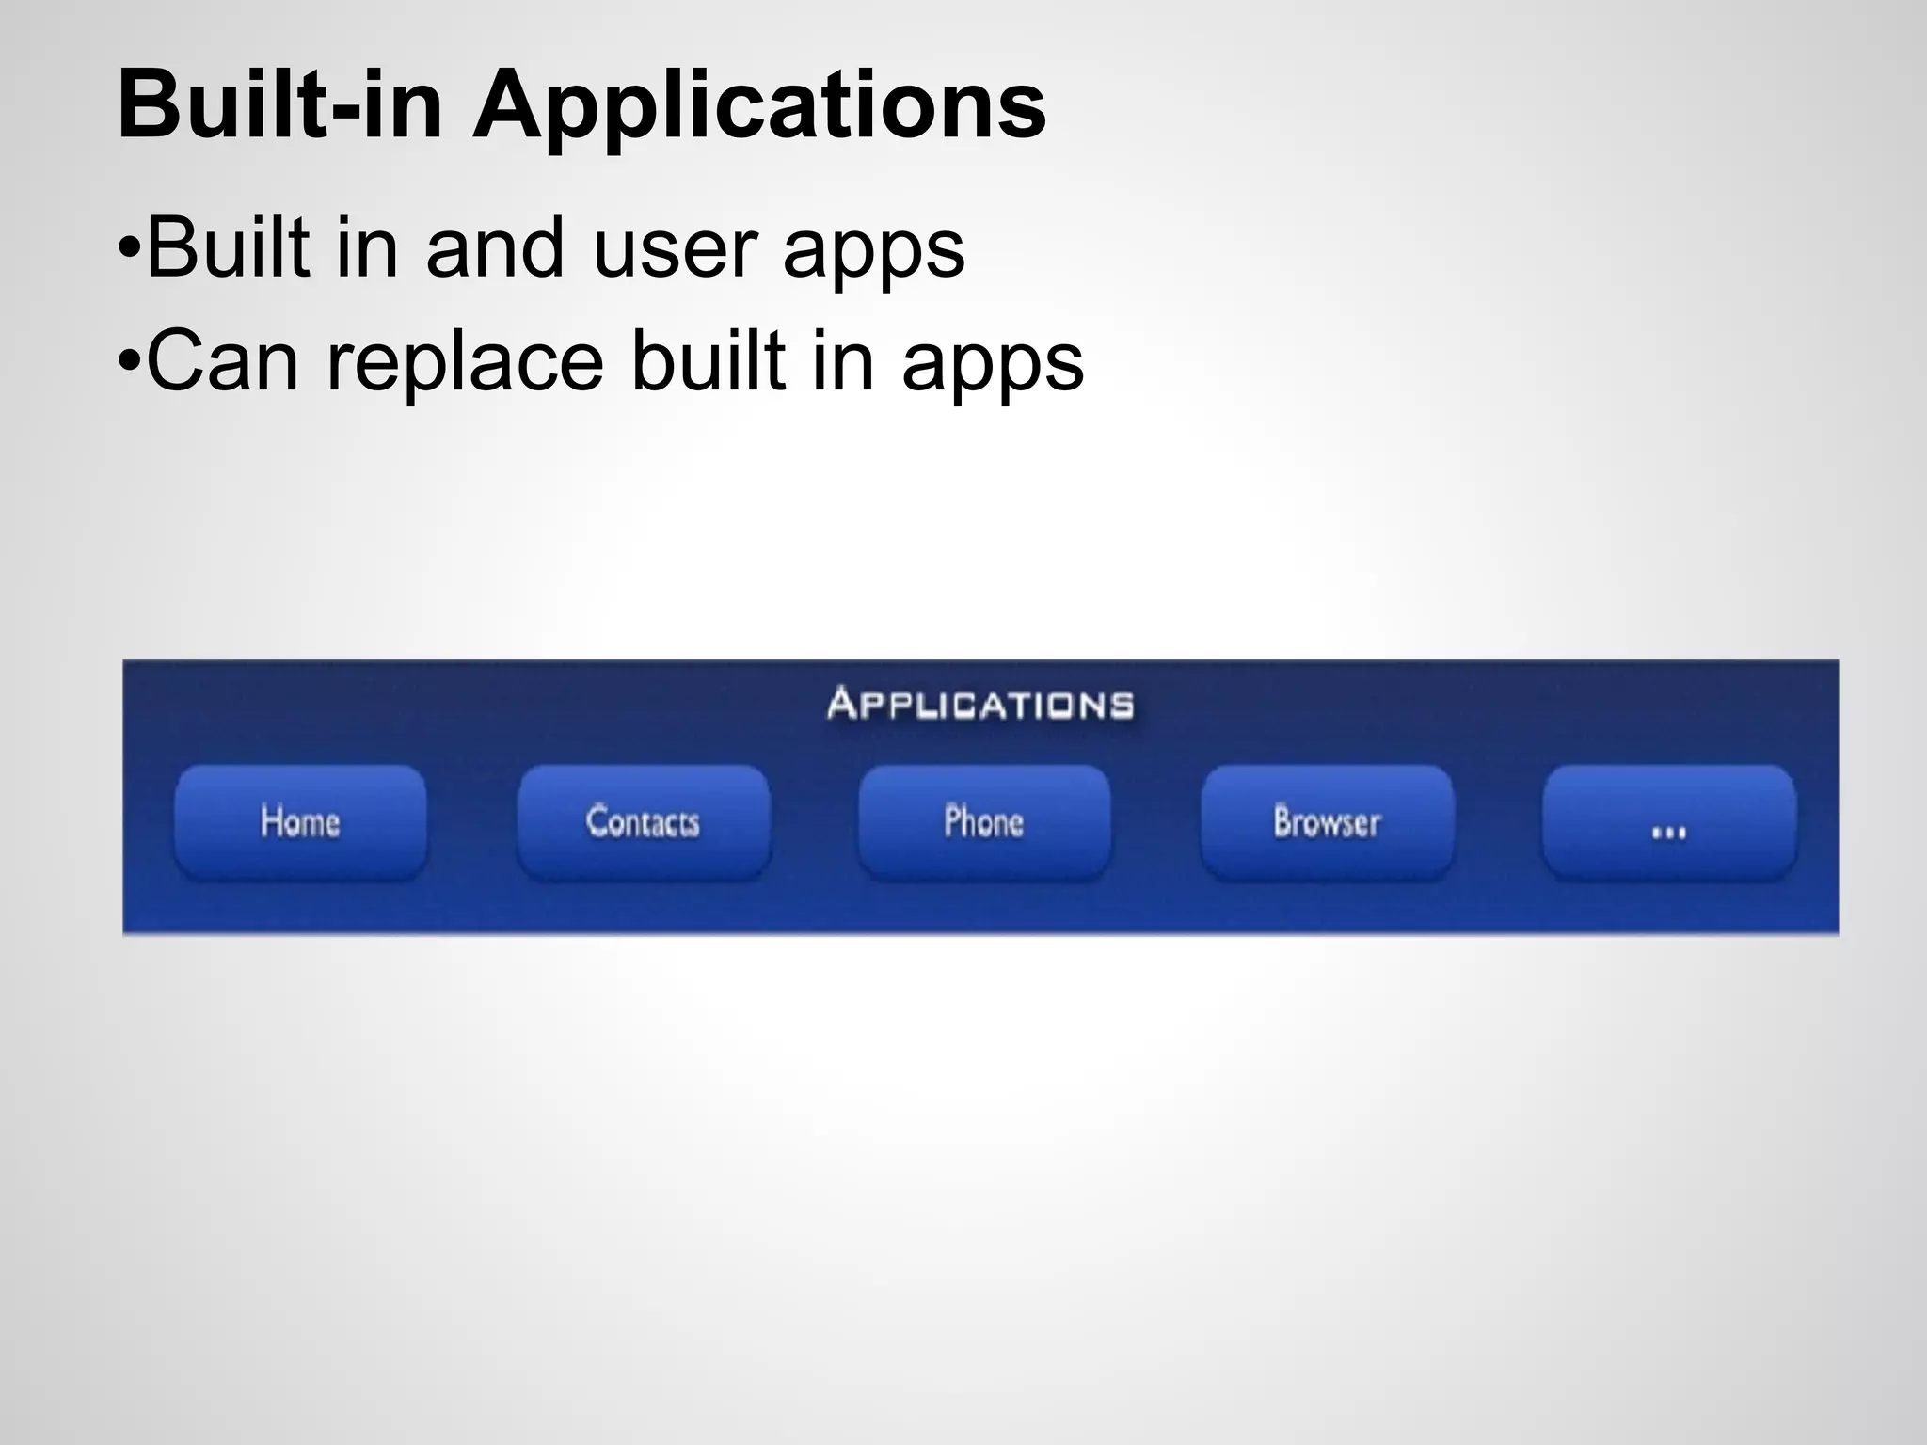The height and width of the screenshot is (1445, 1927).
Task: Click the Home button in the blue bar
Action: tap(300, 822)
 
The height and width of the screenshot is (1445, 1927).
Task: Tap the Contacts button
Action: tap(644, 822)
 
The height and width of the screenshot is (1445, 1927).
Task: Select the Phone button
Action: tap(984, 822)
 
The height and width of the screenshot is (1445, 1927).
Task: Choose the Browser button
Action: tap(1327, 822)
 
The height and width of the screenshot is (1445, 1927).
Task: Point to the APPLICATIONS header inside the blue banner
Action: tap(980, 704)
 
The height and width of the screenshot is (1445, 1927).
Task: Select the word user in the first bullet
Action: tap(674, 248)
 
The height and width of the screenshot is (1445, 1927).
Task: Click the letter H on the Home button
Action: tap(271, 821)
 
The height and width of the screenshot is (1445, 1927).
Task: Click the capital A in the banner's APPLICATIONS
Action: tap(841, 703)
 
